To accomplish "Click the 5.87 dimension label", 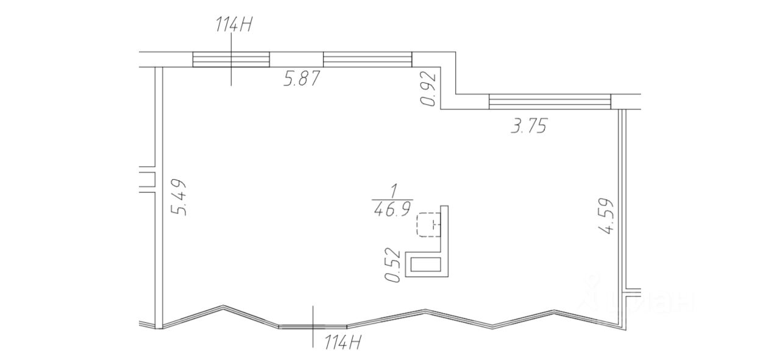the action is click(301, 79).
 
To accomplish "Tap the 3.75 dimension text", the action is click(528, 125).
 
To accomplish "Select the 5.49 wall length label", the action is click(179, 197).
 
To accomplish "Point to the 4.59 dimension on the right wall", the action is click(605, 216).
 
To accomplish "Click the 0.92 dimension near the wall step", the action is click(428, 89).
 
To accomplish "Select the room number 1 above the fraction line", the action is click(394, 191).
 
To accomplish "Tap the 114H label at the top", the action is click(233, 25).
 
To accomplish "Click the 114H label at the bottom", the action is click(342, 342).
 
